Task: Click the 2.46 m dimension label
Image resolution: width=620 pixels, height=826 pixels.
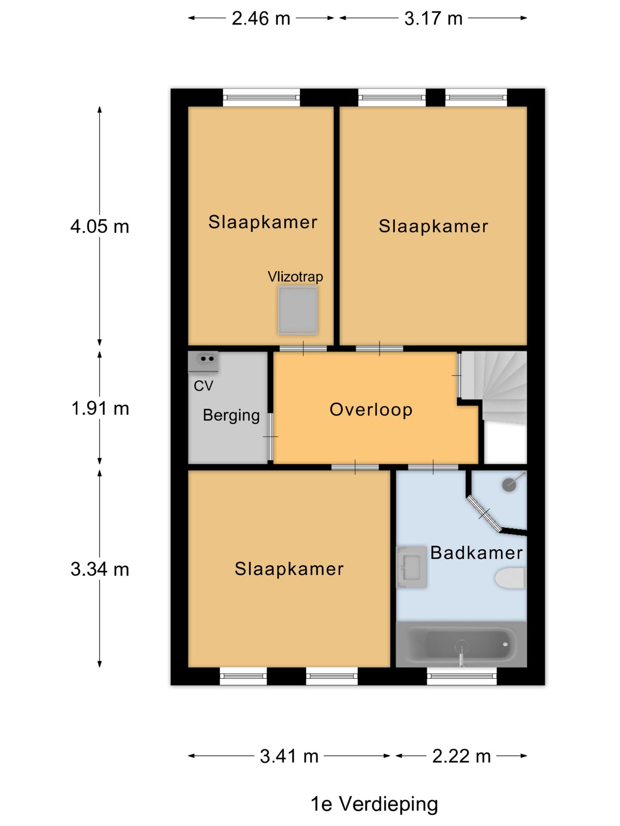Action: pos(261,18)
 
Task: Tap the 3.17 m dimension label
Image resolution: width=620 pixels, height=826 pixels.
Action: pos(433,18)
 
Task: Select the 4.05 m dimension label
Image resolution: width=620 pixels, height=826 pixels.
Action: pos(100,226)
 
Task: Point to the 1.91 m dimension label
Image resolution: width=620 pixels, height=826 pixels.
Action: pos(100,408)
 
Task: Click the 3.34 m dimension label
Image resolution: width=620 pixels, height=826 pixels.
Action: pos(100,569)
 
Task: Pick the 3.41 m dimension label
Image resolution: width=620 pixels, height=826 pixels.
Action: pos(289,756)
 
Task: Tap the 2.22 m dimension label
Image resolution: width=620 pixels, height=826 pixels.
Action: pos(462,756)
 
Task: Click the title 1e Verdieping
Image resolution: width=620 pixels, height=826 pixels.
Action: pos(374,804)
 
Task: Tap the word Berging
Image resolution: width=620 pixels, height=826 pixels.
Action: pos(231,416)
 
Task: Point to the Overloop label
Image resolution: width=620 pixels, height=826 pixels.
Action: pos(371,410)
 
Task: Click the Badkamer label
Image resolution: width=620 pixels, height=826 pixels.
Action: pos(477,553)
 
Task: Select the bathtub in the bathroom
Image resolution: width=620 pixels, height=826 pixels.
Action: pos(461,644)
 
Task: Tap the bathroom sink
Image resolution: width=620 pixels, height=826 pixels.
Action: pos(411,567)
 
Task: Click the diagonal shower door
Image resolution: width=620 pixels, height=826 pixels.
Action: pos(484,514)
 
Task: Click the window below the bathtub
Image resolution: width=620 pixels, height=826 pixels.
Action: pos(462,676)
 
